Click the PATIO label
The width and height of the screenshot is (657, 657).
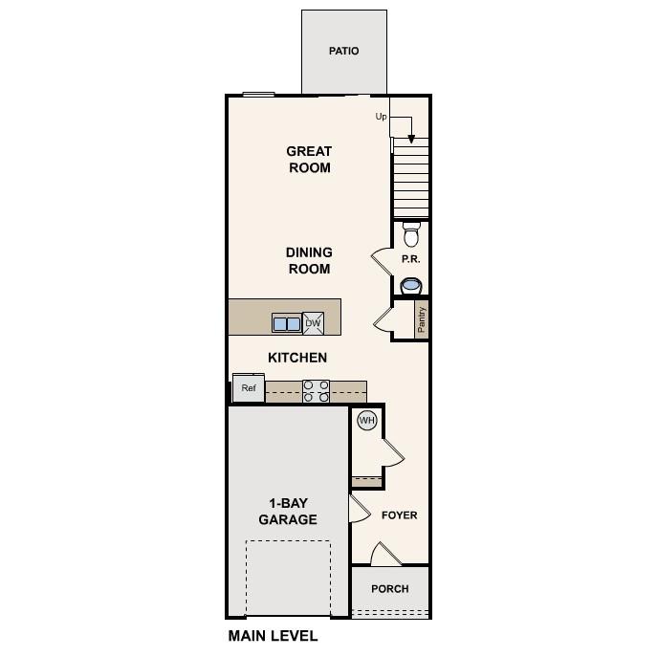coord(343,51)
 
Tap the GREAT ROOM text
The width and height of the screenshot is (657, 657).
coord(309,160)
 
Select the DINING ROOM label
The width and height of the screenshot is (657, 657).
coord(308,261)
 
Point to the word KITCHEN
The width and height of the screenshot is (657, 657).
coord(296,358)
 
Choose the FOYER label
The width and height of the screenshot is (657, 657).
coord(399,515)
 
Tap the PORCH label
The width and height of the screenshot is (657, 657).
coord(389,589)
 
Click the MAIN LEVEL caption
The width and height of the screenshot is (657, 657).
coord(273,635)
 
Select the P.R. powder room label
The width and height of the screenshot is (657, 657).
coord(410,259)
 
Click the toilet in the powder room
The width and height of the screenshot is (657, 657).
coord(411,233)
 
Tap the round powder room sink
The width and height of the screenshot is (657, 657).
coord(411,285)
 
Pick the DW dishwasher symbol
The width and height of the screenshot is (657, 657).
coord(313,323)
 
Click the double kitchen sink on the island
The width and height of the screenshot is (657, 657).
coord(286,324)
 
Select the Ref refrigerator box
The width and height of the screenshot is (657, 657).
coord(249,388)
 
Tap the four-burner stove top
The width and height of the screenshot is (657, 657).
coord(317,391)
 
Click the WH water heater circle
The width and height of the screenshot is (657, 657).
coord(366,420)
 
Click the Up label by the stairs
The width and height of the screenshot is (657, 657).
coord(381,117)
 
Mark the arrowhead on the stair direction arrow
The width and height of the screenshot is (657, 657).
coord(411,139)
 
